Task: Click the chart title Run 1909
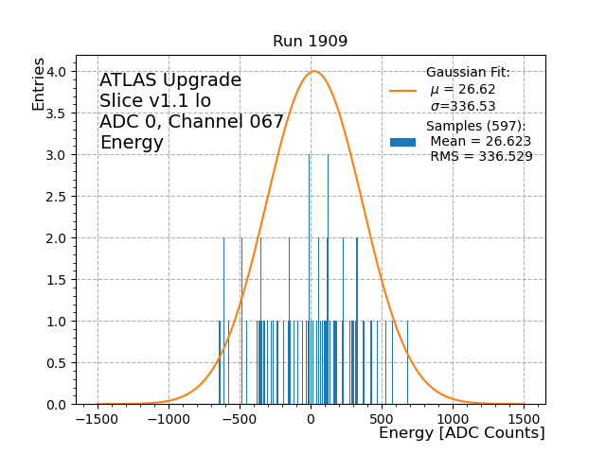[x=310, y=42]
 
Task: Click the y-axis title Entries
[x=39, y=83]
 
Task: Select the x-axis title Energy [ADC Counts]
[x=461, y=433]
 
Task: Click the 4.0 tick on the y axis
[x=56, y=72]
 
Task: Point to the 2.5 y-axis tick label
[x=56, y=197]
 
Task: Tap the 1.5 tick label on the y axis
[x=56, y=280]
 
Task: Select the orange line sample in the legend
[x=402, y=91]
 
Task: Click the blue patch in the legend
[x=402, y=142]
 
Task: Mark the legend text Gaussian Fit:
[x=468, y=73]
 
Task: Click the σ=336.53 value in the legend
[x=463, y=106]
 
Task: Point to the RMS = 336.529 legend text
[x=481, y=157]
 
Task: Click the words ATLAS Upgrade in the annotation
[x=170, y=80]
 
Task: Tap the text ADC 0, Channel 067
[x=191, y=122]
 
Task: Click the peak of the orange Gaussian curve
[x=314, y=71]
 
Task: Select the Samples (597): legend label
[x=475, y=126]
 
